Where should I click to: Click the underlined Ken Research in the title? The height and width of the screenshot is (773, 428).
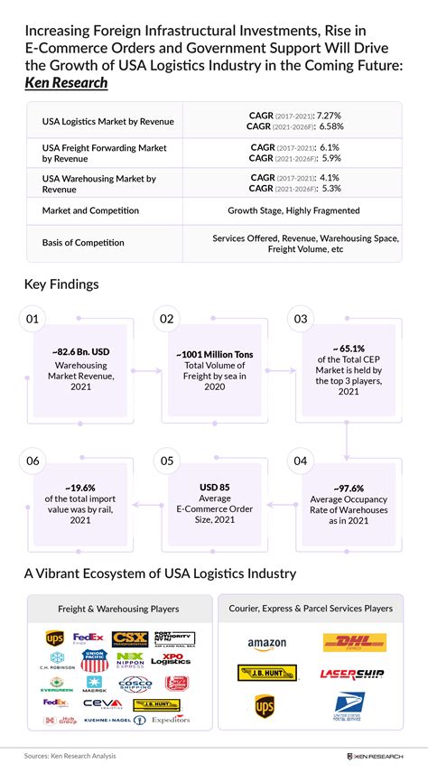(66, 83)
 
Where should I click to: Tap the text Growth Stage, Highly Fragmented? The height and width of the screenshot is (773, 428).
(293, 210)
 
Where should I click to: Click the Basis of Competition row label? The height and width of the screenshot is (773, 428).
(83, 243)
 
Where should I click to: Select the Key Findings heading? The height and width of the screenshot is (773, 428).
(61, 284)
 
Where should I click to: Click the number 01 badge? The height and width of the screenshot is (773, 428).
(33, 319)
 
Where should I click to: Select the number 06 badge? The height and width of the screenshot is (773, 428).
(33, 461)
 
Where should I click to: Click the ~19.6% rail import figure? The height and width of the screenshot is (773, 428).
(80, 488)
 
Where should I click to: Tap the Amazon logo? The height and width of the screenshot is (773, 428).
(266, 644)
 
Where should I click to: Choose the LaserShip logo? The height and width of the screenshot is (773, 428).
(352, 674)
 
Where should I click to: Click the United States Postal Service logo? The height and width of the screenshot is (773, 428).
(347, 704)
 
